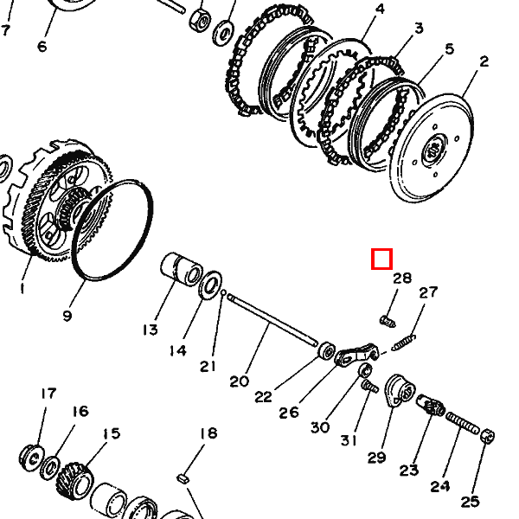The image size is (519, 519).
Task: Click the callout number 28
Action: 402,279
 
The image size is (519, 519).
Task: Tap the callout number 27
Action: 429,292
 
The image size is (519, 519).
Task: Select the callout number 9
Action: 67,316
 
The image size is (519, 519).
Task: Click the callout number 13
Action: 151,330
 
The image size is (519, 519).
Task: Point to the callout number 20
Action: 239,381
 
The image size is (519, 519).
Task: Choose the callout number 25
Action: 470,500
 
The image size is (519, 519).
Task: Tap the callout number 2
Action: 484,61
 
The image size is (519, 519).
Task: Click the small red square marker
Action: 381,259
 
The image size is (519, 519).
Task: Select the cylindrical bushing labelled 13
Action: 183,270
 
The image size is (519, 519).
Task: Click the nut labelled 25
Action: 486,435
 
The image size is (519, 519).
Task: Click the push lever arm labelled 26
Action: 358,354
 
